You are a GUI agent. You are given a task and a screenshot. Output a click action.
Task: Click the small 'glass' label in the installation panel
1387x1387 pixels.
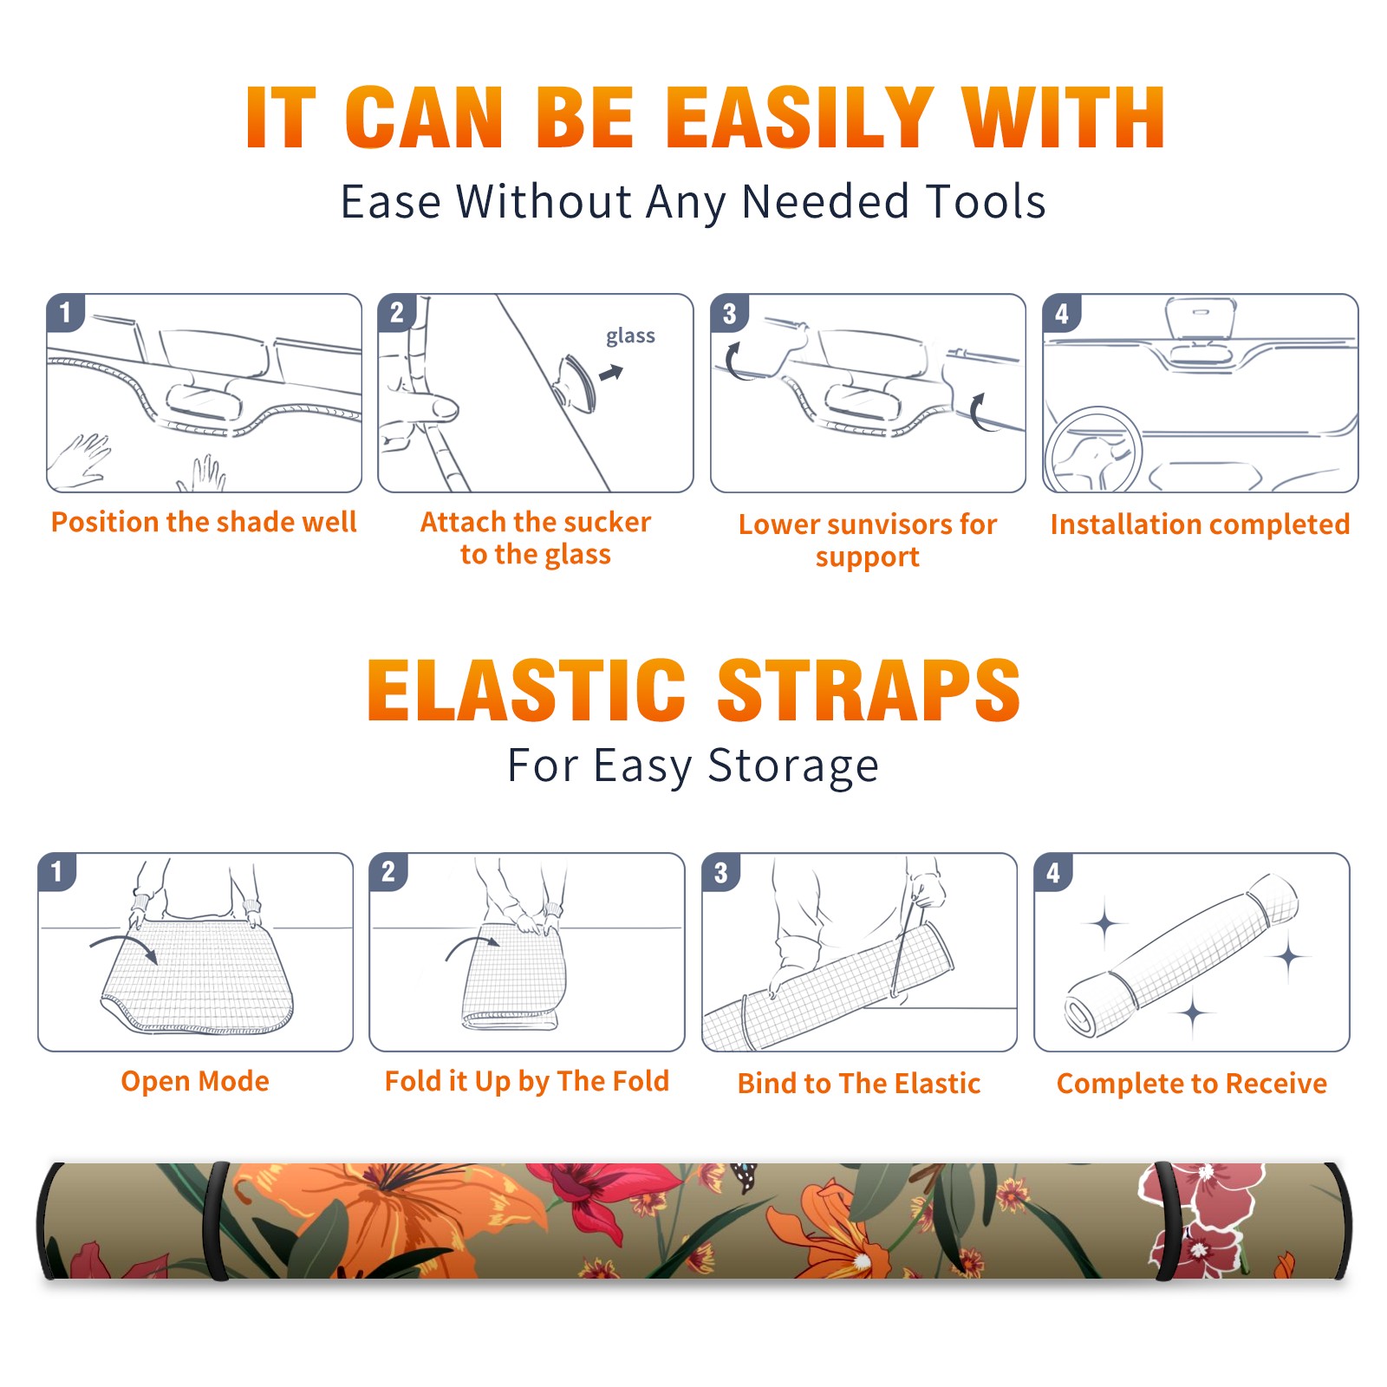coord(630,335)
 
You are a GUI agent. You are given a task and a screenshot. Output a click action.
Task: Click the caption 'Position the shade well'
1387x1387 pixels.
coord(204,522)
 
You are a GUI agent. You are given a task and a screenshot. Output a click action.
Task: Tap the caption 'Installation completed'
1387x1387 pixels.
coord(1200,524)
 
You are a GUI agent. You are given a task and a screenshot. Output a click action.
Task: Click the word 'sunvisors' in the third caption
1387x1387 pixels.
coord(889,524)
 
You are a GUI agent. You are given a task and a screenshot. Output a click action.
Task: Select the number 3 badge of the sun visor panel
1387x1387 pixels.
coord(729,313)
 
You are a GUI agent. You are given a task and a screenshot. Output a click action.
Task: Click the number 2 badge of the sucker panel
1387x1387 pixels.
coord(397,312)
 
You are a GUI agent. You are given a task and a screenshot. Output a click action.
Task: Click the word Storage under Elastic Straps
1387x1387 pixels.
coord(793,766)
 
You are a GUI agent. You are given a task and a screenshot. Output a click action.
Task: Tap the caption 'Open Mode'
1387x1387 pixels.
coord(195,1081)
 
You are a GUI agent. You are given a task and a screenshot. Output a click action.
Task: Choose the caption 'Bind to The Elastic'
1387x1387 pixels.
coord(858,1084)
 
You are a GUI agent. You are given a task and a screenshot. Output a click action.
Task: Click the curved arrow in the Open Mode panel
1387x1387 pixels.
coord(124,945)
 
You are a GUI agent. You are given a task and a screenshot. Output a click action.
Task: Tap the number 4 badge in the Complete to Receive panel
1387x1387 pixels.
coord(1053,872)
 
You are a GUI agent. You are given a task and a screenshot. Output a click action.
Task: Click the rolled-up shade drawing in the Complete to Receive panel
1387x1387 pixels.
coord(1181,954)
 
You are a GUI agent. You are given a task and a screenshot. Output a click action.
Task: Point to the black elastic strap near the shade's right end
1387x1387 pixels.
coord(1164,1221)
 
